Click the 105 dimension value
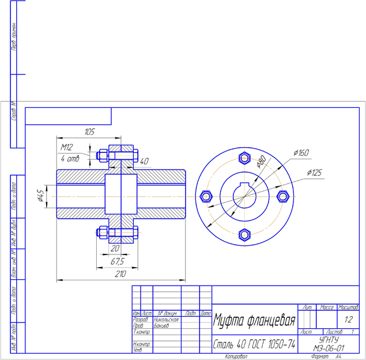pyautogui.click(x=89, y=132)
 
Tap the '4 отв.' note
pyautogui.click(x=70, y=157)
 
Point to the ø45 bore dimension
pyautogui.click(x=40, y=195)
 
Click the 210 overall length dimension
pyautogui.click(x=120, y=275)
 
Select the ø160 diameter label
pyautogui.click(x=301, y=153)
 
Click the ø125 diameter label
pyautogui.click(x=314, y=172)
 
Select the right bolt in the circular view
pyautogui.click(x=282, y=196)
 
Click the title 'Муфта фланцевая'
pyautogui.click(x=254, y=320)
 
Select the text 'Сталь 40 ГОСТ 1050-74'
pyautogui.click(x=254, y=344)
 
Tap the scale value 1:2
pyautogui.click(x=348, y=319)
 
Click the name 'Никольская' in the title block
pyautogui.click(x=166, y=319)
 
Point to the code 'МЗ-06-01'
pyautogui.click(x=329, y=348)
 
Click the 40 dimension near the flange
pyautogui.click(x=144, y=161)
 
